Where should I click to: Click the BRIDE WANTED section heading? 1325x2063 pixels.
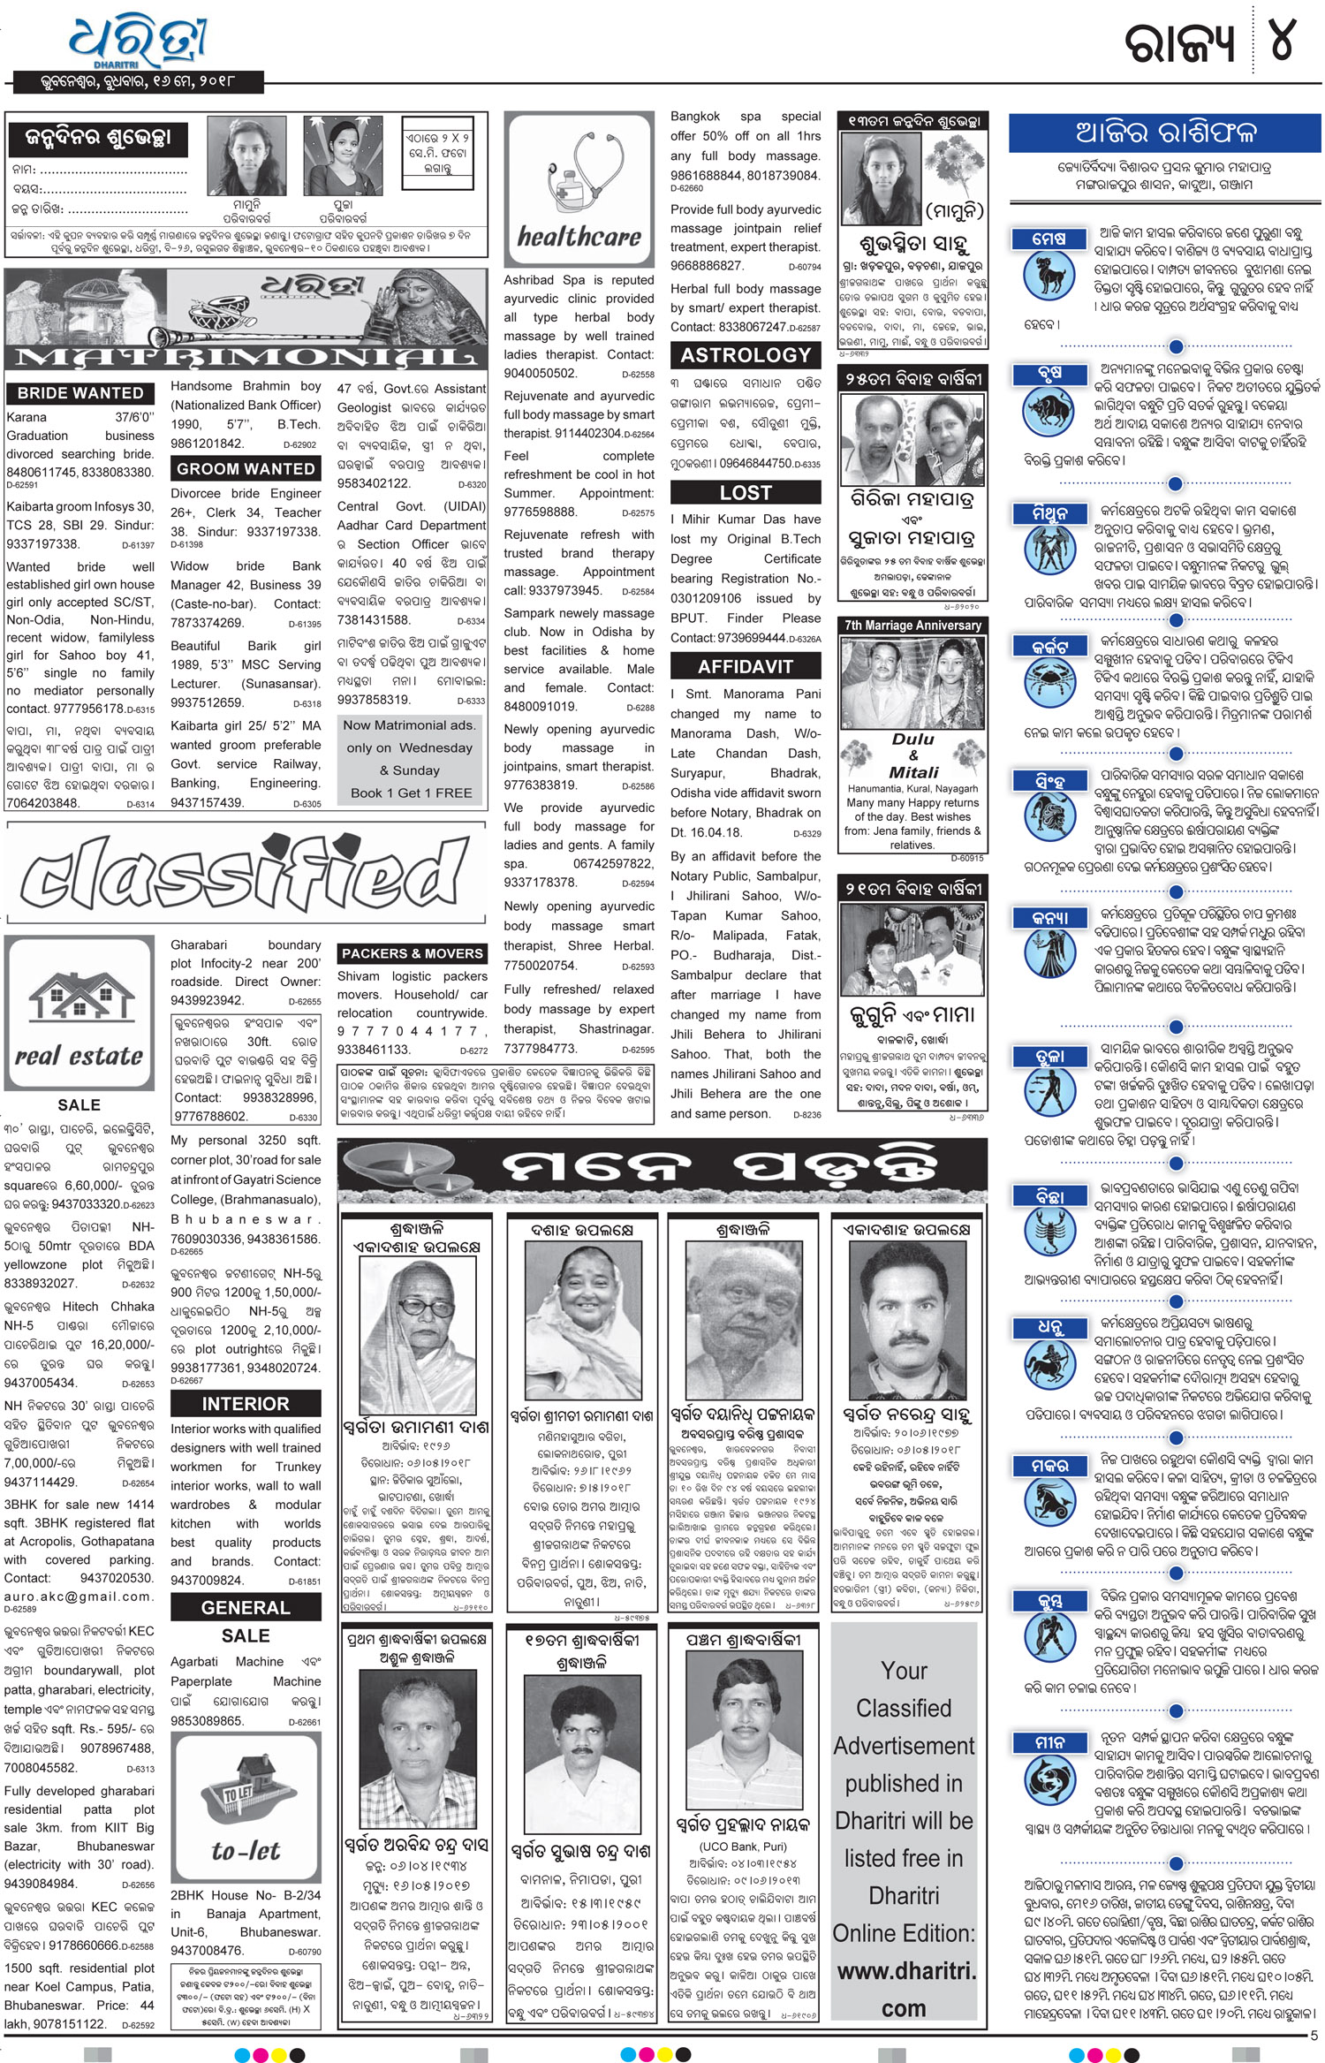79,393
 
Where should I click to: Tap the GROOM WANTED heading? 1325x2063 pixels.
245,469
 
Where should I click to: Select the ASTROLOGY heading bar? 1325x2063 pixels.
746,355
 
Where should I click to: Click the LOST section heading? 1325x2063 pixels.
746,493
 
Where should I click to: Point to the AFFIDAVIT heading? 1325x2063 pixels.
746,666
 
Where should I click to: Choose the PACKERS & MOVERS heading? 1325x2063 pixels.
413,953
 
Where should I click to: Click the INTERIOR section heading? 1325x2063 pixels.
245,1403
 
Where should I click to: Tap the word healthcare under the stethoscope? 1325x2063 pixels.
579,237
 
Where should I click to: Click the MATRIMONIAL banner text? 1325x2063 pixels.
245,358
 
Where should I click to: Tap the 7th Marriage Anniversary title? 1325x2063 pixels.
912,626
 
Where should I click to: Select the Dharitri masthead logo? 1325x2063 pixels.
139,42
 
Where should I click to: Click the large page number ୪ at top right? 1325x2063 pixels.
1282,42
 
